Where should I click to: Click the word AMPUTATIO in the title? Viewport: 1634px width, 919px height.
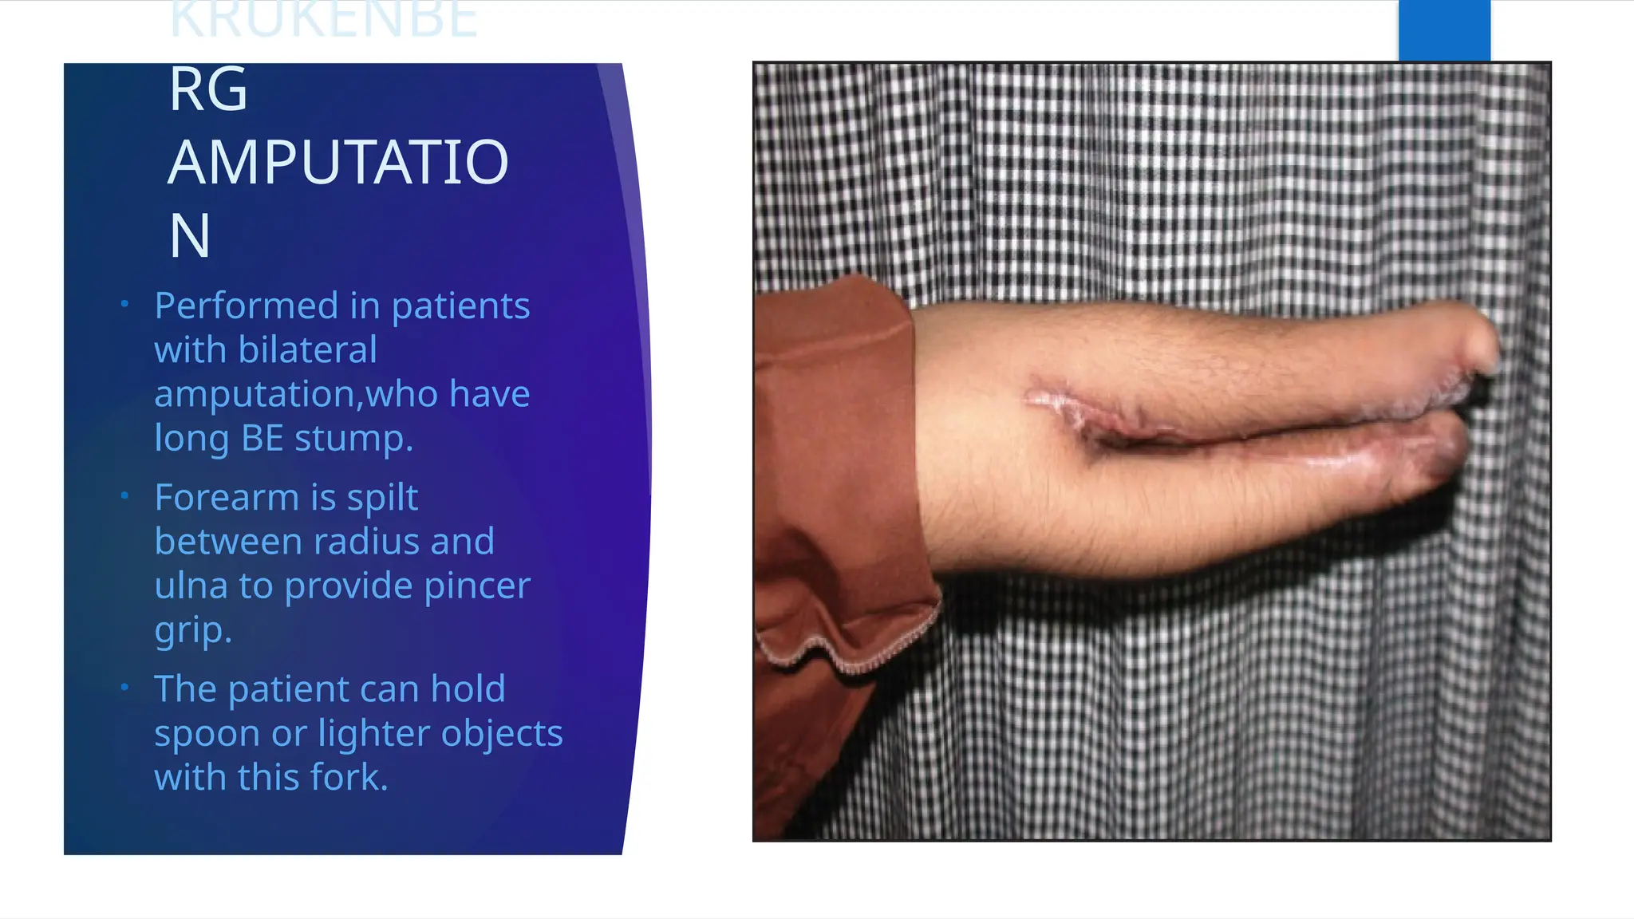[x=337, y=163]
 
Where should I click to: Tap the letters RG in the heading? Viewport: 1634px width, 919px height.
[x=208, y=89]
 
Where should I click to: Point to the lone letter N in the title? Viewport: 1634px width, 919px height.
[x=190, y=236]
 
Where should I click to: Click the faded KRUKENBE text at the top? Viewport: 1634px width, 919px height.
[x=323, y=20]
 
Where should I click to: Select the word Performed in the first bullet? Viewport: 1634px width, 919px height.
[x=247, y=306]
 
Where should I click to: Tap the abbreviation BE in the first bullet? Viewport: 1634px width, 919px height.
[x=262, y=438]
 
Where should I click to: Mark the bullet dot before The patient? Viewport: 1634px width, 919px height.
[x=124, y=687]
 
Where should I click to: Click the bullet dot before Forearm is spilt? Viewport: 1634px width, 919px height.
[x=124, y=495]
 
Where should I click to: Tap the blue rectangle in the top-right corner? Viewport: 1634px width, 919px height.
[x=1444, y=30]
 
